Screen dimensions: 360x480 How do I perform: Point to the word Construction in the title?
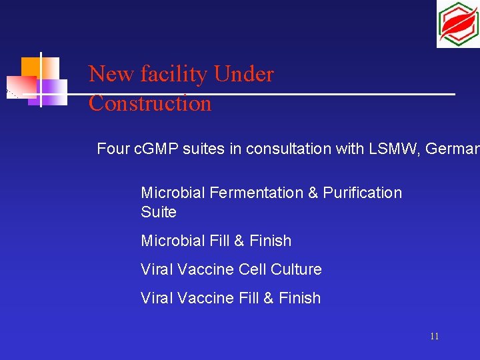pos(150,103)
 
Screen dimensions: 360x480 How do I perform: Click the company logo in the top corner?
pos(457,24)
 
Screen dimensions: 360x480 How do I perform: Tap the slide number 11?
pos(434,337)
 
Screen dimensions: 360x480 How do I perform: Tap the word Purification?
pos(363,193)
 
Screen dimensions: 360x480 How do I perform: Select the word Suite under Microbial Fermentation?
pos(159,212)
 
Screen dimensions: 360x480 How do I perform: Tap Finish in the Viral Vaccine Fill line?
pos(299,298)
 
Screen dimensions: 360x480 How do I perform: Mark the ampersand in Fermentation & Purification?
pos(313,193)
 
